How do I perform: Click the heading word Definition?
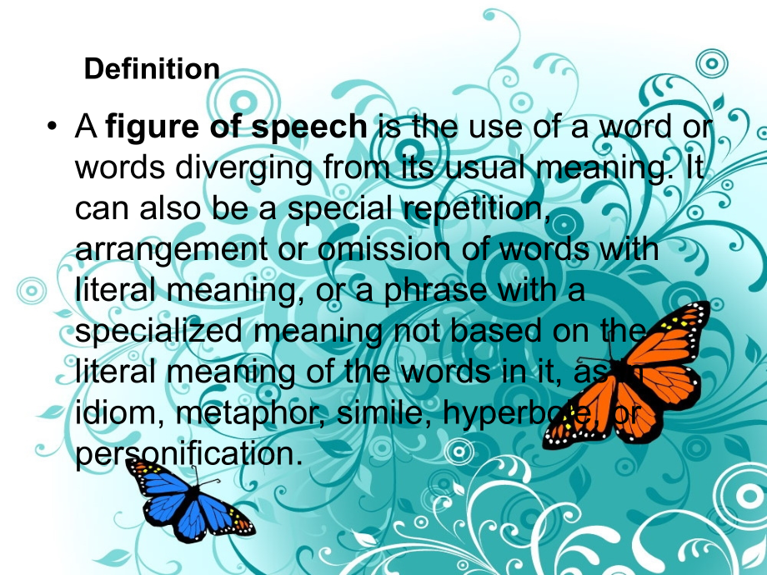coord(152,69)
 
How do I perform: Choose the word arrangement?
coord(165,248)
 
